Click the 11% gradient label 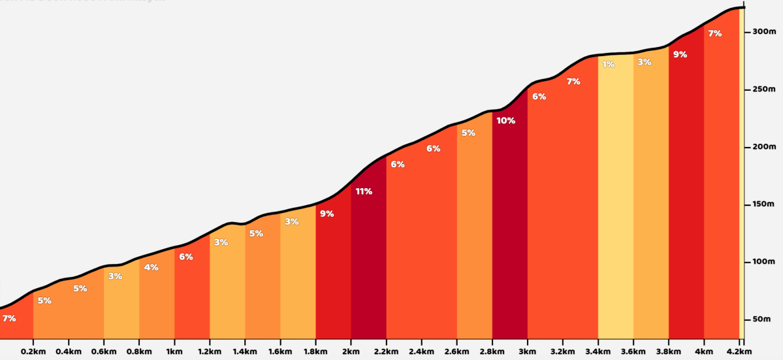364,191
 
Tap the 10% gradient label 505,120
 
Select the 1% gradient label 609,64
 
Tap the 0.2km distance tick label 33,351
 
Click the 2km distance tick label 351,351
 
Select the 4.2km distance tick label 739,351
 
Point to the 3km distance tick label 527,351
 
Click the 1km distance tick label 174,351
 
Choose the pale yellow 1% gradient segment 615,196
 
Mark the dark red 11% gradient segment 368,261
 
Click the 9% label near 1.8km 327,214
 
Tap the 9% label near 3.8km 680,55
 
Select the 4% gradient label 151,267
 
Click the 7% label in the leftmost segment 9,318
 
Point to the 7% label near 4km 714,33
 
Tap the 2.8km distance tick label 492,351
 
